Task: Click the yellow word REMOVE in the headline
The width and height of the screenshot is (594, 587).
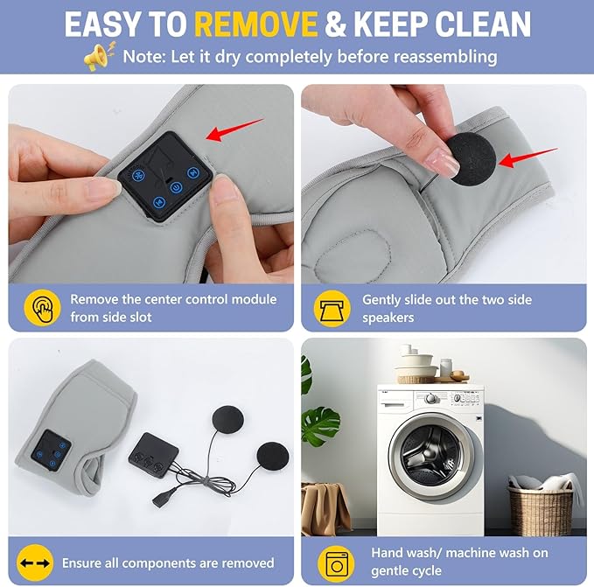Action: pos(256,24)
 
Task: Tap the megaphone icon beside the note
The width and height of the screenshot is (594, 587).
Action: pos(99,57)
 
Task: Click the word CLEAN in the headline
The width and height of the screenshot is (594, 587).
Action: pos(483,24)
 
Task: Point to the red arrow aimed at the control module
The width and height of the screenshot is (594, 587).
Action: pos(234,129)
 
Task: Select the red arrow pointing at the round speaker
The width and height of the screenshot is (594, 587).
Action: pos(528,158)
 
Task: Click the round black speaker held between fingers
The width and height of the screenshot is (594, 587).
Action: pos(472,159)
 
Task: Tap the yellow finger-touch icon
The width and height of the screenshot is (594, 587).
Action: pos(42,308)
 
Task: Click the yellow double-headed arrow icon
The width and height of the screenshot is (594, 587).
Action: pos(35,563)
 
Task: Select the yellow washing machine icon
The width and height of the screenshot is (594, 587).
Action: pos(337,563)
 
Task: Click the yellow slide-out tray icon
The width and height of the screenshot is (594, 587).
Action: pos(332,309)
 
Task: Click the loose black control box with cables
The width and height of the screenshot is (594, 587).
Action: pos(153,455)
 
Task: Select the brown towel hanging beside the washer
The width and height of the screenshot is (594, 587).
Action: pos(326,508)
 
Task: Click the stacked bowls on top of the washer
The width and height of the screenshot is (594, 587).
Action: pos(416,368)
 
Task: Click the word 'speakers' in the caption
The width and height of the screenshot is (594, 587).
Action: pos(388,318)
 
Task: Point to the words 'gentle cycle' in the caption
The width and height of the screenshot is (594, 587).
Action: pos(406,570)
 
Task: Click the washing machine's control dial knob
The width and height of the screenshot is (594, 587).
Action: pos(430,398)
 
